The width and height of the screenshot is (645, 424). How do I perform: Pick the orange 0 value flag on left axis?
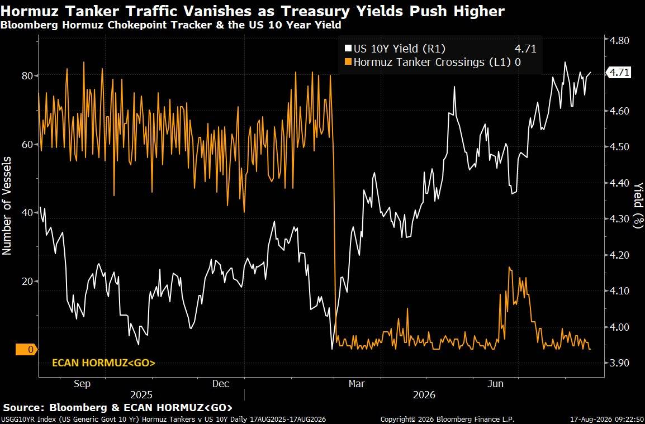point(26,350)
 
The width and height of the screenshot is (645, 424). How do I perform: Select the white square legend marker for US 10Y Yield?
point(348,49)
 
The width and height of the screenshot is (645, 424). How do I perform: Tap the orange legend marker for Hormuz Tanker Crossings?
point(348,63)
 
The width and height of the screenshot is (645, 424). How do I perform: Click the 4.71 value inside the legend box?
point(526,49)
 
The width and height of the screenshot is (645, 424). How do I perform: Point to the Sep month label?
point(82,384)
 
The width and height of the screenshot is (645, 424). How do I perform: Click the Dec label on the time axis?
point(220,384)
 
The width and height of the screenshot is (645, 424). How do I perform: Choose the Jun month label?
point(496,384)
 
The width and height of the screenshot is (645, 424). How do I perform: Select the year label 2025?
point(141,395)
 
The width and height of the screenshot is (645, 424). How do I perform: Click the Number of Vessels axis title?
point(7,206)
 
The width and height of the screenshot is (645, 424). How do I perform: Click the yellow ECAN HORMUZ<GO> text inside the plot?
point(103,363)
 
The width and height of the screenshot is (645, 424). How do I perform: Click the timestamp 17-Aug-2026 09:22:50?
point(607,420)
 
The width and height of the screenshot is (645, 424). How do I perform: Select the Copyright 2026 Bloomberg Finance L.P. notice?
point(447,420)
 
